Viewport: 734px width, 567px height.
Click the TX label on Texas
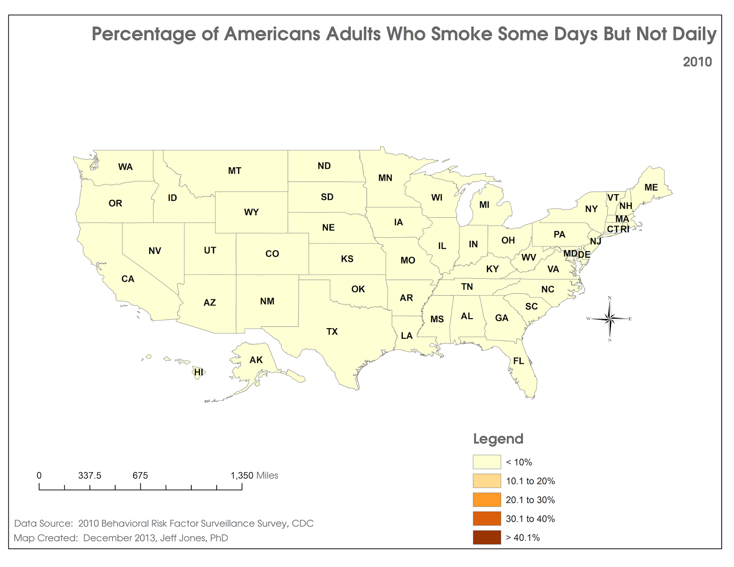pos(332,331)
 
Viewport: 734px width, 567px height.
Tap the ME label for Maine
pos(651,187)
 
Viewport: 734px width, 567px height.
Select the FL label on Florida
pos(518,361)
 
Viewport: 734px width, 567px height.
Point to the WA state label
pos(125,167)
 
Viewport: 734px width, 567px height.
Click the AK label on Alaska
pos(256,360)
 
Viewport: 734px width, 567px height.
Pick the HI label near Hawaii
pos(199,372)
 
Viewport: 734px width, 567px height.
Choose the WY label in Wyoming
pos(251,212)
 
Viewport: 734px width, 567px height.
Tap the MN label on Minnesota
pos(385,178)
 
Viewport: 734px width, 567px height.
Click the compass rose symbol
pos(610,319)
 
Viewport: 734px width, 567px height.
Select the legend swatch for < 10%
pos(487,462)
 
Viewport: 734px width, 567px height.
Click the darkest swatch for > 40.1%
pos(487,537)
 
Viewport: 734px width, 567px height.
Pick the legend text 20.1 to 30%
pos(530,500)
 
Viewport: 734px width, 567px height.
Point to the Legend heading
pos(498,439)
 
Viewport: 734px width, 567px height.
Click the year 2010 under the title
pos(697,62)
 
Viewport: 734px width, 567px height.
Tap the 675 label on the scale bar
pos(140,475)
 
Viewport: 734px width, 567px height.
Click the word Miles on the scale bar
pos(267,475)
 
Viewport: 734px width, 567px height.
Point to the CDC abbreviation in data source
pos(303,523)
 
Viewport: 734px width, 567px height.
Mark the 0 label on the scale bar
pos(39,475)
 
